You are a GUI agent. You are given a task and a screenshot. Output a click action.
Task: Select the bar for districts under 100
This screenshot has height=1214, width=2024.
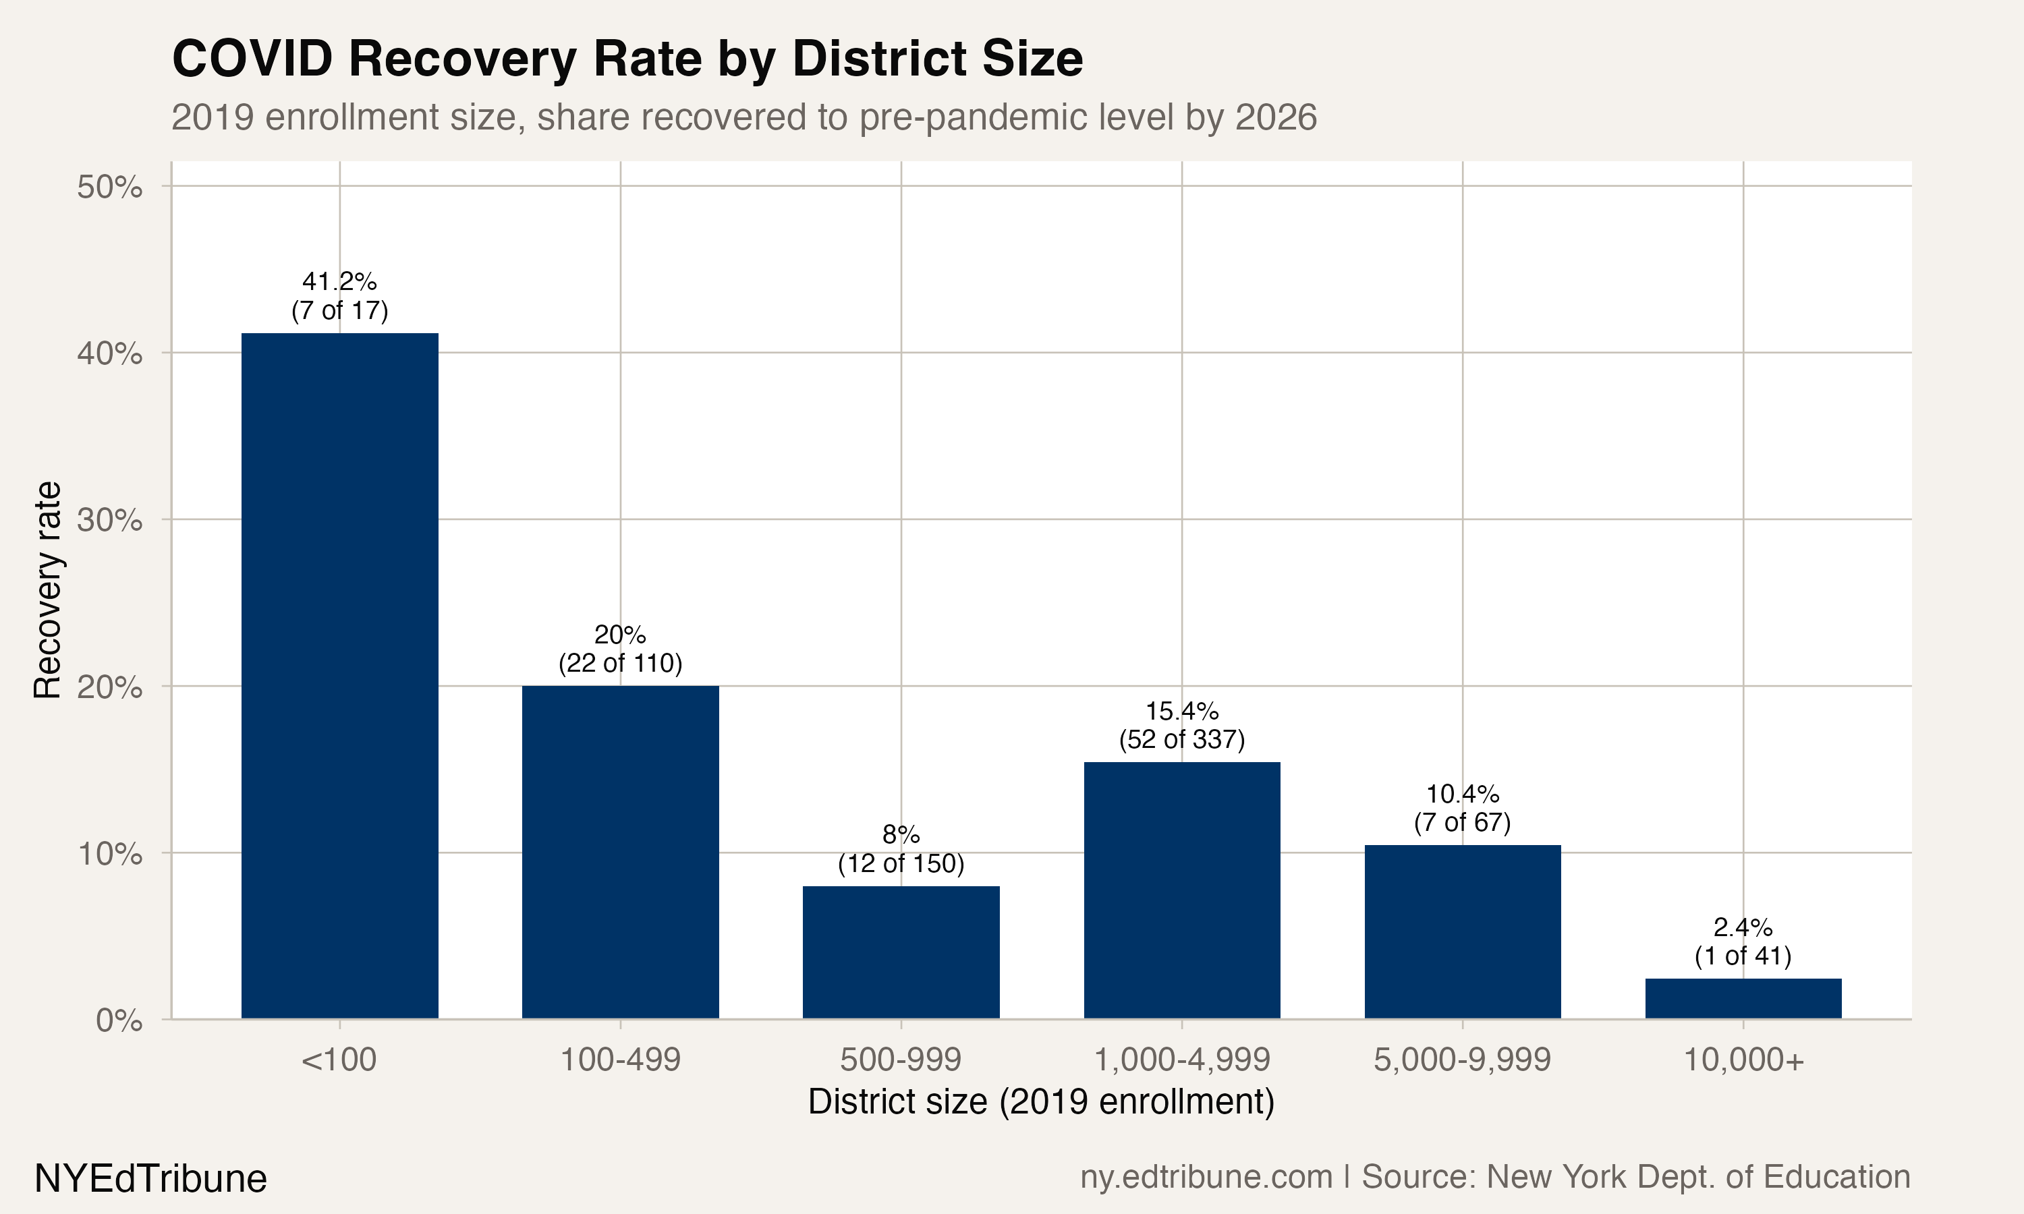tap(339, 676)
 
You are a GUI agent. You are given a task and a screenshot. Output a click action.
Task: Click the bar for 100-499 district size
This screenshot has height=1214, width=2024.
tap(620, 852)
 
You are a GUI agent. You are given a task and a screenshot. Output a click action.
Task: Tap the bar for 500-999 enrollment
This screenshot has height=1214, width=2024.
tap(901, 952)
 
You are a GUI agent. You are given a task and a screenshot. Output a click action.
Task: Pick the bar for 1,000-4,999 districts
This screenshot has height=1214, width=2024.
tap(1181, 890)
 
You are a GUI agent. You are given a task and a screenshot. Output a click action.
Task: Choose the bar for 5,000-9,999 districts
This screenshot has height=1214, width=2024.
tap(1462, 932)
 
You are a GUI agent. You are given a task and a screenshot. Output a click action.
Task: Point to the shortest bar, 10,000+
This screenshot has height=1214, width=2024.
tap(1743, 999)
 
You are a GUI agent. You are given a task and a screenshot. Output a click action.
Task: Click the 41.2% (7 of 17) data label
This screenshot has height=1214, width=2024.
tap(339, 296)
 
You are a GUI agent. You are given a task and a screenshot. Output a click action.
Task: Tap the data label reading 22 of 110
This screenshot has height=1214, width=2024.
tap(620, 662)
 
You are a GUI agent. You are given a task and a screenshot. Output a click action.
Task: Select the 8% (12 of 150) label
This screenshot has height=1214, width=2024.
tap(901, 849)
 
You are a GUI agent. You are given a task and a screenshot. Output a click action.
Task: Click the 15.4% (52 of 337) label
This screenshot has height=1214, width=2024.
tap(1181, 726)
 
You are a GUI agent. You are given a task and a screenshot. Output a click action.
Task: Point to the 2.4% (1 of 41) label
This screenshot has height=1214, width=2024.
tap(1743, 942)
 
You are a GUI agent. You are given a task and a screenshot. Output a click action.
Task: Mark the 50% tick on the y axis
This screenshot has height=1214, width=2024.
tap(109, 187)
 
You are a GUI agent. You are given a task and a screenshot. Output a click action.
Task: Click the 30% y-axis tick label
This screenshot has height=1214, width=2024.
tap(109, 520)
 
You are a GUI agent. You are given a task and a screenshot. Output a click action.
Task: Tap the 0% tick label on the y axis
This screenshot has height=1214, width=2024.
tap(119, 1020)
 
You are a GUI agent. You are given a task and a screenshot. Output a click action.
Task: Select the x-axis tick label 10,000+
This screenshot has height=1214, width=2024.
tap(1743, 1060)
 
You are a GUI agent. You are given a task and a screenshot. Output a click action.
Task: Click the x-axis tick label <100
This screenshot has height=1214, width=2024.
tap(339, 1060)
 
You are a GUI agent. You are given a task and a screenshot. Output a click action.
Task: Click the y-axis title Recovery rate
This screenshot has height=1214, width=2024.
tap(47, 590)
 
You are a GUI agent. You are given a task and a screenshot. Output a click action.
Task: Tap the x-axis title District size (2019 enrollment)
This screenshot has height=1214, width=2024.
tap(1040, 1102)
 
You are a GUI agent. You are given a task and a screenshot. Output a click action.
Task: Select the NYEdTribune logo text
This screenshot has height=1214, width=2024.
tap(150, 1179)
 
